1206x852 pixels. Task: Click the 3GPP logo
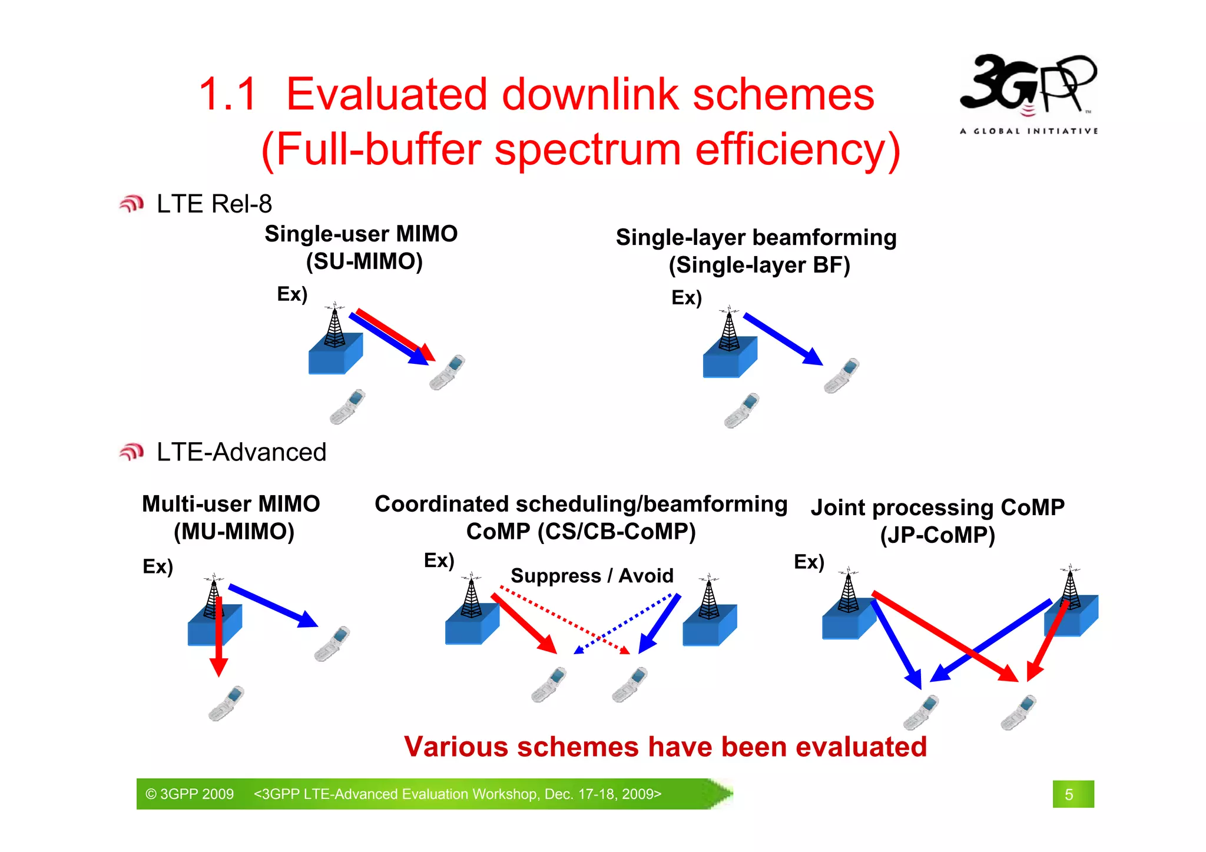[x=1028, y=91]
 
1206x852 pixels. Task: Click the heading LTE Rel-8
[x=214, y=204]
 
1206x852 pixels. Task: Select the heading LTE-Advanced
[x=241, y=452]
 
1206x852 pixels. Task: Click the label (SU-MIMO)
[x=364, y=261]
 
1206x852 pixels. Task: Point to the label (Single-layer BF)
[x=759, y=265]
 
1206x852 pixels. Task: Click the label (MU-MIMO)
[x=234, y=531]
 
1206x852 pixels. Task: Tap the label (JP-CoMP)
[x=937, y=535]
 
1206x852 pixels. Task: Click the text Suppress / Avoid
[x=592, y=575]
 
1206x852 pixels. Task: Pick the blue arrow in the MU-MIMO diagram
[x=272, y=605]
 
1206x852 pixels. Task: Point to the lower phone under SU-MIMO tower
[x=347, y=407]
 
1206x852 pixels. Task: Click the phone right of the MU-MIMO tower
[x=332, y=644]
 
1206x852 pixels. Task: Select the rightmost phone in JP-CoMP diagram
[x=1019, y=712]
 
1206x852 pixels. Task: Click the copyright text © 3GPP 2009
[x=190, y=794]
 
